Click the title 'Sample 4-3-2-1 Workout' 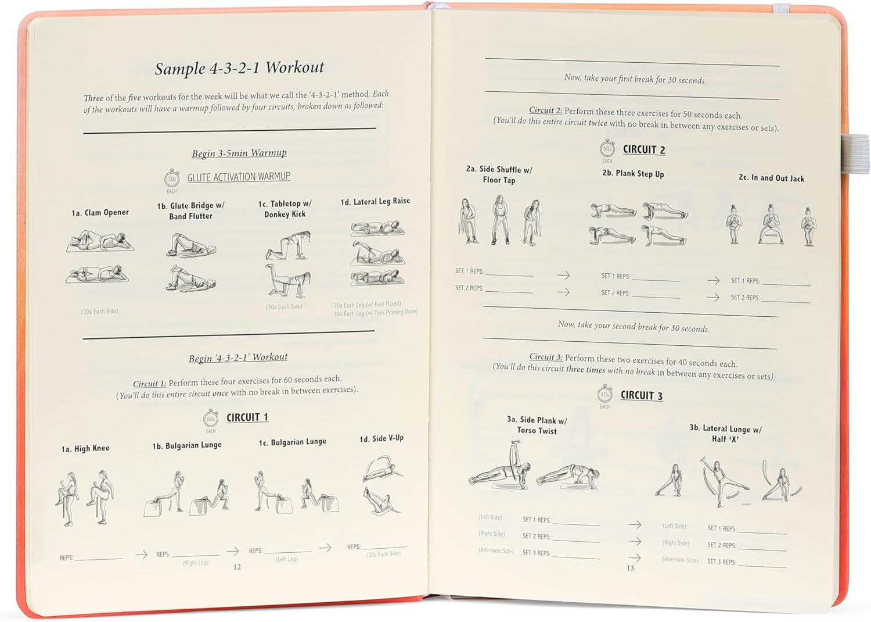pos(239,68)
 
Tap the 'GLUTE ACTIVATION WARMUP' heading pos(239,177)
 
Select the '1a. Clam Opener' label pos(100,213)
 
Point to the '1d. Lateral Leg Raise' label pos(375,201)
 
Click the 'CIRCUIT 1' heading pos(247,417)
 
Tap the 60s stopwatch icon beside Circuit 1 pos(211,419)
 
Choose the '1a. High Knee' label pos(85,448)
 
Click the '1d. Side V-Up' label pos(381,438)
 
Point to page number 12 pos(237,567)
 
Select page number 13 pos(630,568)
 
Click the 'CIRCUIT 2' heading pos(644,149)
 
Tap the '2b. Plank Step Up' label pos(633,174)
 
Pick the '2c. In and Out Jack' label pos(771,178)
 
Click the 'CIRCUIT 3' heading pos(642,395)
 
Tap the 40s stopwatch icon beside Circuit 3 pos(605,395)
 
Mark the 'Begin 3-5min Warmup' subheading pos(239,153)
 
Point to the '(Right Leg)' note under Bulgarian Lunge pos(196,563)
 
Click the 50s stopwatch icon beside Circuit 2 pos(607,149)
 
